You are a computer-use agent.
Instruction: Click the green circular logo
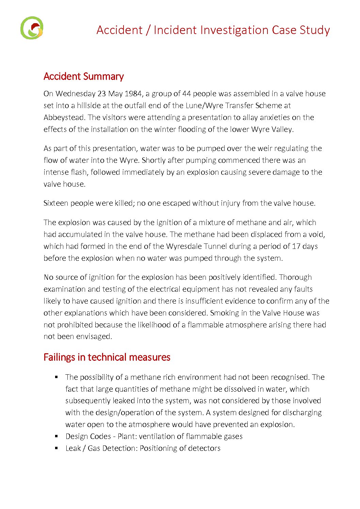[x=32, y=28]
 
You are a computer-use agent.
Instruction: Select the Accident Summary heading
[x=83, y=77]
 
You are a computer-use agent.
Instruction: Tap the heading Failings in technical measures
[x=107, y=357]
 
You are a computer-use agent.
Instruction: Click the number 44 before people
[x=186, y=94]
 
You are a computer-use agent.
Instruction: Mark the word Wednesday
[x=75, y=94]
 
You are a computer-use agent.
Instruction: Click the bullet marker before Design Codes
[x=56, y=436]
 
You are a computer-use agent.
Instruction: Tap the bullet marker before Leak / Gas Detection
[x=56, y=448]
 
